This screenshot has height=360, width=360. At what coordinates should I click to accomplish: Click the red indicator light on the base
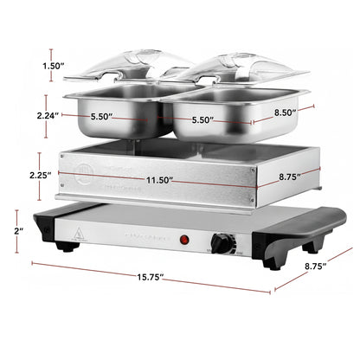point(183,239)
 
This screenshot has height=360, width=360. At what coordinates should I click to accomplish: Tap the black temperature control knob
point(222,244)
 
